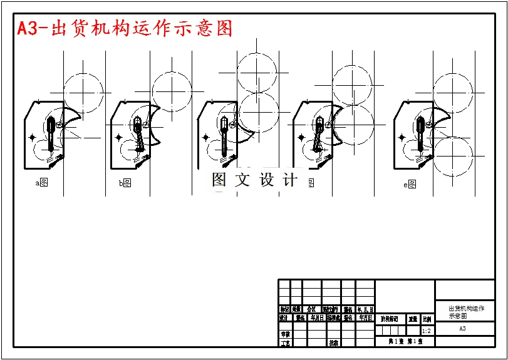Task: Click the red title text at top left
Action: click(x=124, y=28)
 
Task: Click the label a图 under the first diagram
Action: click(x=42, y=183)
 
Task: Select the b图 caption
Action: click(x=125, y=183)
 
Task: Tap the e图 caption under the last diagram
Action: click(x=410, y=185)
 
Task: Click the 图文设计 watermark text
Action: click(x=254, y=180)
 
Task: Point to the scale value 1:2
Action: click(x=427, y=331)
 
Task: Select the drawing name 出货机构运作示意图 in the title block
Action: click(x=466, y=312)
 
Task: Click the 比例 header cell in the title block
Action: click(x=427, y=319)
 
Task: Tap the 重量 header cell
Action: click(x=413, y=319)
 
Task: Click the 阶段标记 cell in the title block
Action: click(x=389, y=319)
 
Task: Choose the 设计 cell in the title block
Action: click(x=284, y=318)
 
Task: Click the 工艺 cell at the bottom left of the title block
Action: click(x=285, y=342)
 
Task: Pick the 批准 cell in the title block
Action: click(x=334, y=342)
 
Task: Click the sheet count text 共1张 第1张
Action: click(x=405, y=341)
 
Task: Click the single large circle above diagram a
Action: click(x=82, y=93)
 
